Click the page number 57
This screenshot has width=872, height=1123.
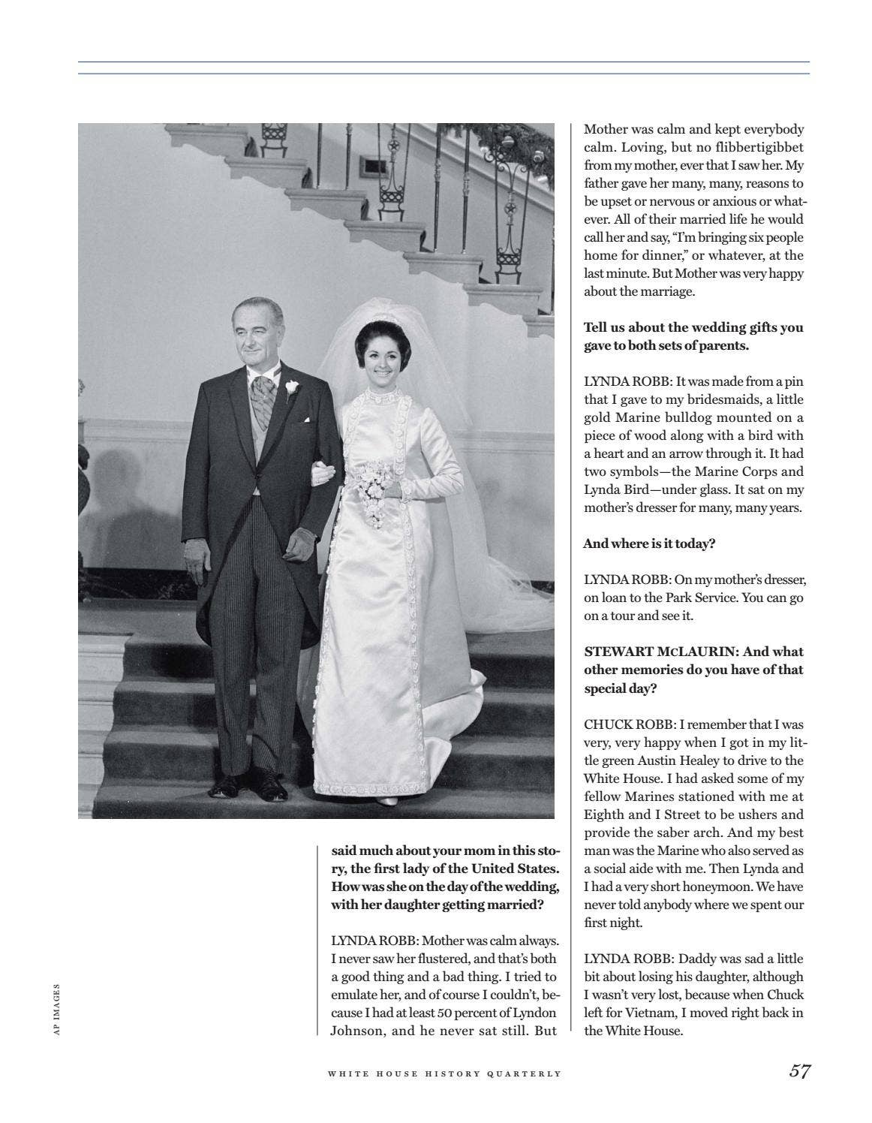pyautogui.click(x=799, y=1072)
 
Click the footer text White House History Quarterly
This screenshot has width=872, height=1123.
pyautogui.click(x=444, y=1073)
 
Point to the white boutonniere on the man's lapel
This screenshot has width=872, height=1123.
pyautogui.click(x=292, y=387)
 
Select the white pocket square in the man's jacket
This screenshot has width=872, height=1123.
pyautogui.click(x=305, y=420)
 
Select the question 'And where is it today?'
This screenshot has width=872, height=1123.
pyautogui.click(x=649, y=544)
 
